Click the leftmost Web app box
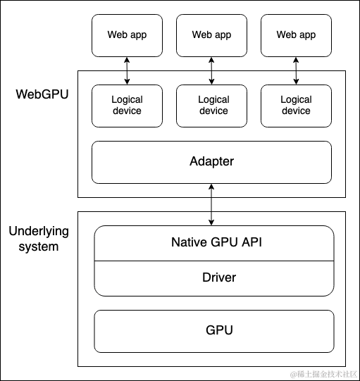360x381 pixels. coord(127,35)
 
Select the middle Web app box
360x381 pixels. coord(211,35)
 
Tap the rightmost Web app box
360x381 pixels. coord(296,35)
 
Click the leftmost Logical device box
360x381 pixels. coord(127,106)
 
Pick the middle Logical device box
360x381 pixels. coord(211,106)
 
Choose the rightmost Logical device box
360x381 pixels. coord(296,106)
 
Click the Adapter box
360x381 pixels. coord(211,162)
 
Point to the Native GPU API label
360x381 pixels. coord(216,242)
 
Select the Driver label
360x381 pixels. coord(219,277)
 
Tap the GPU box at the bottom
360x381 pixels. coord(214,331)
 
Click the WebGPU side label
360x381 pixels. coord(42,94)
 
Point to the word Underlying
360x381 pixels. coord(39,232)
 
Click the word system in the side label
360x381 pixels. coord(39,247)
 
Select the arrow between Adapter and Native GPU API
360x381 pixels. coord(211,205)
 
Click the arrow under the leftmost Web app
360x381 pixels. coord(127,70)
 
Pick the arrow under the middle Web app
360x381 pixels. coord(211,70)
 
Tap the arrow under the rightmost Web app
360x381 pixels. coord(296,70)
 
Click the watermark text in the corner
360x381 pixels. coord(324,374)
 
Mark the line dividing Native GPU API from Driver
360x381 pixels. coord(214,261)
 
